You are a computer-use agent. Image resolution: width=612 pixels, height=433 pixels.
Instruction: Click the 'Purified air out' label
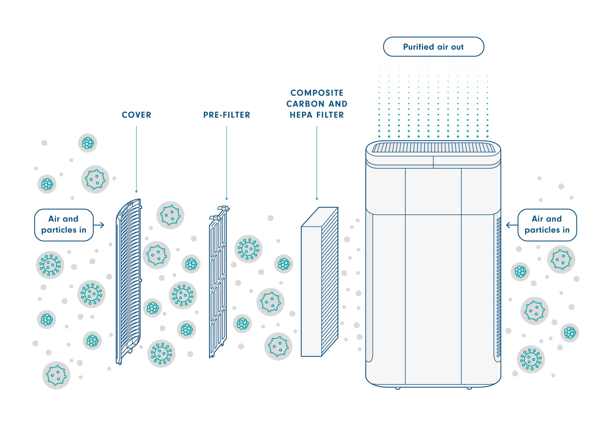pos(433,47)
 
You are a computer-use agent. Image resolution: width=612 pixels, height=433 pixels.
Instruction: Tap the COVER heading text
pos(136,115)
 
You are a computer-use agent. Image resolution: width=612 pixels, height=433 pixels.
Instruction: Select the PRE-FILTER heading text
pos(226,115)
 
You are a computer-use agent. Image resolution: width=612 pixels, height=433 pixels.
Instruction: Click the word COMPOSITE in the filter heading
pos(317,93)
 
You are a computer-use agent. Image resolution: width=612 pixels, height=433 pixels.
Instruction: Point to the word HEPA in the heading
pos(302,115)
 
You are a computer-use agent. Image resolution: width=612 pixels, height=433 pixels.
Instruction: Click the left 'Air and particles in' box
pos(64,225)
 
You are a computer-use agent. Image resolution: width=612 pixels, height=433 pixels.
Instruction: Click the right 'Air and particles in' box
pos(547,225)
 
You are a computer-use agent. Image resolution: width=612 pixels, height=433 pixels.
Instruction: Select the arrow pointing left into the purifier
pos(511,225)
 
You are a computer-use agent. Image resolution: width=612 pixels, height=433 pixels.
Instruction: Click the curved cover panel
pos(129,280)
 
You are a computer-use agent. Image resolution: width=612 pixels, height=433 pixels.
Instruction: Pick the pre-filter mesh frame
pos(218,283)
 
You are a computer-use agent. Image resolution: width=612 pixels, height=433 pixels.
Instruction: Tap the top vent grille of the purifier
pos(433,148)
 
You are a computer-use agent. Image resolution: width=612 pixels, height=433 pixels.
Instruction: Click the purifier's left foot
pos(398,388)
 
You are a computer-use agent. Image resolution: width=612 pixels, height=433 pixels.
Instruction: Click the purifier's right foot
pos(469,388)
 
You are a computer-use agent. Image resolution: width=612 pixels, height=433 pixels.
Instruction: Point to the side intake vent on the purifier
pos(498,286)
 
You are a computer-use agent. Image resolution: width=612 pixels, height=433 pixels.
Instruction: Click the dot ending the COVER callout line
pos(136,191)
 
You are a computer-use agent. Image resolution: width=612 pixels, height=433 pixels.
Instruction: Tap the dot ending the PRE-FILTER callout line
pos(226,199)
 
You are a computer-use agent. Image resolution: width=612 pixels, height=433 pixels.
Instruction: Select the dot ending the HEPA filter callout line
pos(317,199)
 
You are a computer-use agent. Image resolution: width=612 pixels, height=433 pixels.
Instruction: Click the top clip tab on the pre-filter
pos(224,208)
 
